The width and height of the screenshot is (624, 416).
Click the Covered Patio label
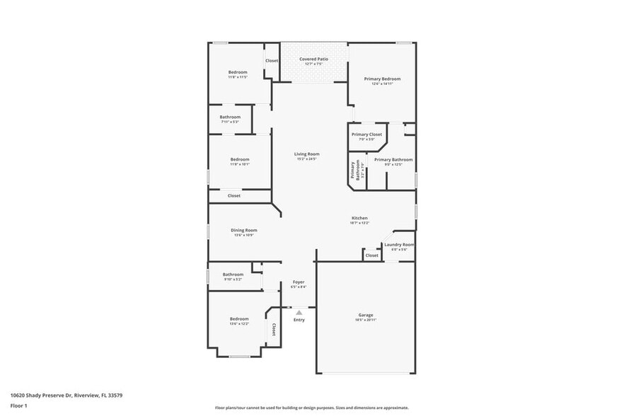(x=313, y=59)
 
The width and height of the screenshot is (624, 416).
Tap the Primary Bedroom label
(x=382, y=79)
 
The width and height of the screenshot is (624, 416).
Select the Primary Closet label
(x=366, y=134)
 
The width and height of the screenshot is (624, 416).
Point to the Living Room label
(x=307, y=154)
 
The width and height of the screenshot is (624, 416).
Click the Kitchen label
(x=359, y=218)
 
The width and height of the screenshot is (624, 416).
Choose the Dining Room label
(x=243, y=230)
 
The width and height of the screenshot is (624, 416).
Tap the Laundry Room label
(x=399, y=245)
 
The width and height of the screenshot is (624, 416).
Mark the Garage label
(x=365, y=315)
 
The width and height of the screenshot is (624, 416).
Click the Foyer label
(x=298, y=282)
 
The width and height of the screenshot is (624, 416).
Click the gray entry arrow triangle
(x=299, y=312)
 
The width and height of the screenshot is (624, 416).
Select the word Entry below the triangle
(x=299, y=320)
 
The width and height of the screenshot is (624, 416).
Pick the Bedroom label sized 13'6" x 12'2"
(x=238, y=319)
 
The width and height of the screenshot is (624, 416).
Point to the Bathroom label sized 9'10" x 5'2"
(x=233, y=275)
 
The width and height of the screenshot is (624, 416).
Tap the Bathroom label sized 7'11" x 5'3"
(x=230, y=117)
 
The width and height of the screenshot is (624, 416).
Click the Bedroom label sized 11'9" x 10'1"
(x=240, y=159)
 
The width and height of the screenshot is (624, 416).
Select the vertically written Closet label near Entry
(x=274, y=330)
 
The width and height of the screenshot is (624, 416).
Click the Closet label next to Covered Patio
(x=272, y=61)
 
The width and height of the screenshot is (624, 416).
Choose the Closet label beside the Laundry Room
(x=371, y=255)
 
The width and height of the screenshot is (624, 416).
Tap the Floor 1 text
(x=18, y=406)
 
